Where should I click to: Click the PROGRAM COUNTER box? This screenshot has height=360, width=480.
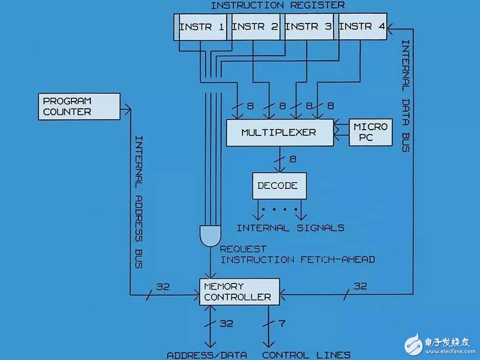(79, 107)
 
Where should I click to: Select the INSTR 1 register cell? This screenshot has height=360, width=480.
(203, 27)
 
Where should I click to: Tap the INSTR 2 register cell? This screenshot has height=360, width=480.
(256, 27)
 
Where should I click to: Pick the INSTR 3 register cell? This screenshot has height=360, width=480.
(309, 27)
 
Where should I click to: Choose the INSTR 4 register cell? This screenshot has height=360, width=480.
(363, 27)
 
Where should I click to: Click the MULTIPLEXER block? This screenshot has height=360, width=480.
(280, 133)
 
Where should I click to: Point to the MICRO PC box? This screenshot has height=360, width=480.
(371, 132)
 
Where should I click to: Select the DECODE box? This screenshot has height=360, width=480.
(279, 186)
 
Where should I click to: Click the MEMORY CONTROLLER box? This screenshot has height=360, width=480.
(239, 292)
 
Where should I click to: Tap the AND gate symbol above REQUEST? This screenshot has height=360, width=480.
(210, 236)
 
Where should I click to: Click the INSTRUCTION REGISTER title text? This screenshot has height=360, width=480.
(278, 5)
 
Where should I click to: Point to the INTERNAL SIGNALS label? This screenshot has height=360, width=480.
(291, 228)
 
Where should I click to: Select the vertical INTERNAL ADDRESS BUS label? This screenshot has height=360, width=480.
(139, 202)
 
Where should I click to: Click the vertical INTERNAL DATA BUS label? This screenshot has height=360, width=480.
(405, 96)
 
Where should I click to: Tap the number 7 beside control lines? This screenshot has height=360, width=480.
(282, 323)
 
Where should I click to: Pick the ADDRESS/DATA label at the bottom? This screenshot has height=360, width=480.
(207, 355)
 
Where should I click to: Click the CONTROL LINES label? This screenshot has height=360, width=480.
(306, 355)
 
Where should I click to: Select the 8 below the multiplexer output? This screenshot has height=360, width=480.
(293, 159)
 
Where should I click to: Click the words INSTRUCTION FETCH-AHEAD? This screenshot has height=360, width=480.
(298, 260)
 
